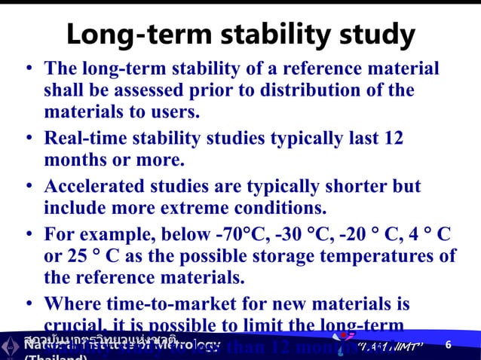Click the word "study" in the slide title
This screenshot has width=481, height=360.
tap(372, 35)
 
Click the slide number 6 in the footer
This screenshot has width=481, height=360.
tap(449, 345)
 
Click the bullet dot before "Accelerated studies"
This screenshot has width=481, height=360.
tap(27, 186)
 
